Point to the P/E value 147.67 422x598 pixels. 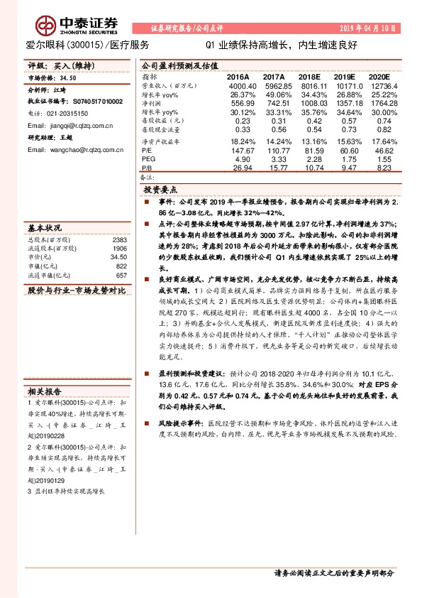(x=241, y=151)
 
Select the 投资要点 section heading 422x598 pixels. (x=160, y=192)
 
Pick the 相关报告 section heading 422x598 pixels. (x=44, y=391)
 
